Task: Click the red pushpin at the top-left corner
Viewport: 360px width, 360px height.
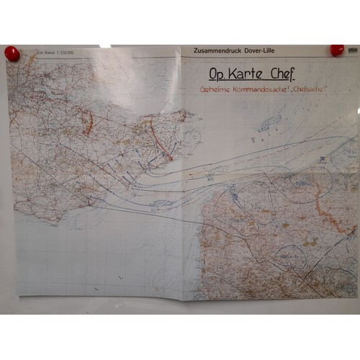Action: (x=12, y=53)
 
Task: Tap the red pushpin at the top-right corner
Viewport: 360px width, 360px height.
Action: (x=336, y=50)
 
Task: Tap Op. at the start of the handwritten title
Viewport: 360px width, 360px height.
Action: (x=217, y=73)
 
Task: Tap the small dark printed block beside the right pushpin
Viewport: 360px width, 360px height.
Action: (x=352, y=51)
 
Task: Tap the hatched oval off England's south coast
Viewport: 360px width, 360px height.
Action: (x=159, y=204)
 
